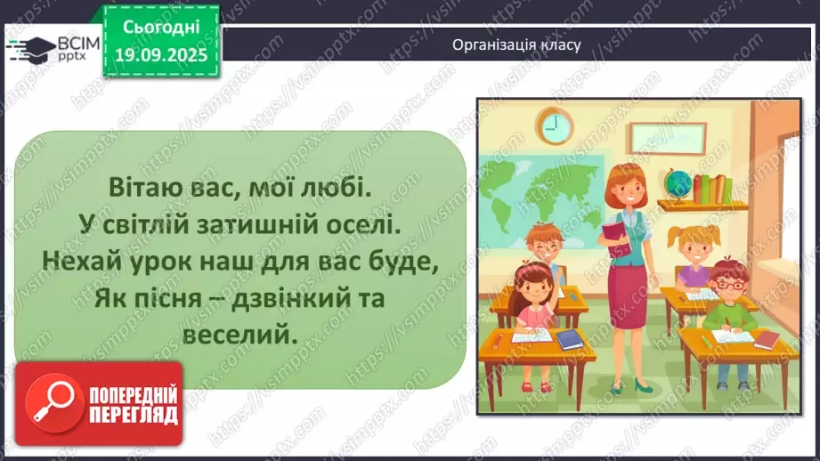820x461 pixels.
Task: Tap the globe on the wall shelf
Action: pyautogui.click(x=679, y=182)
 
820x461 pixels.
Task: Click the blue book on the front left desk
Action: pyautogui.click(x=569, y=338)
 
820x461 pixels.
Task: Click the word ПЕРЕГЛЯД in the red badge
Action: pyautogui.click(x=131, y=414)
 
